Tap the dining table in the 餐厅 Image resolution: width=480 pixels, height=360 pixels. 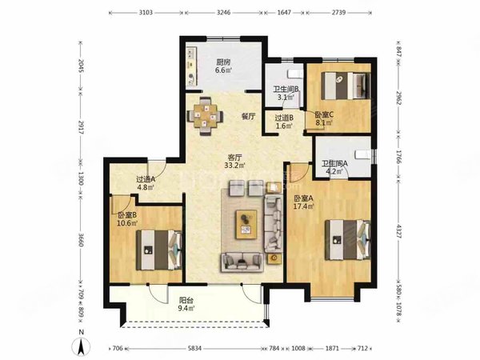(205, 116)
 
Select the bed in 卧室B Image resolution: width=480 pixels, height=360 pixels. (159, 250)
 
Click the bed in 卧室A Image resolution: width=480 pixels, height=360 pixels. (348, 240)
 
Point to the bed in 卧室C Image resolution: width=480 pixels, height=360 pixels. (346, 86)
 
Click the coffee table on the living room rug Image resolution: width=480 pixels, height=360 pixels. (246, 224)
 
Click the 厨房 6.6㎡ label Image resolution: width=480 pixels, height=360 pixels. (223, 66)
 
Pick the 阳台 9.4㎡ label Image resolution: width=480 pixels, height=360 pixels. (186, 304)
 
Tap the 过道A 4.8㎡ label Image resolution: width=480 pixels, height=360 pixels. (146, 183)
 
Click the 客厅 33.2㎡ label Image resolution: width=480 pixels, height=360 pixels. (234, 162)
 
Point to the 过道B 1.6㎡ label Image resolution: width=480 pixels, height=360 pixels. (284, 122)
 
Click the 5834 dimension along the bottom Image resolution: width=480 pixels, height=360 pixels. (194, 348)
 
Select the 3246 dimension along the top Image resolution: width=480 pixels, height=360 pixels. (223, 13)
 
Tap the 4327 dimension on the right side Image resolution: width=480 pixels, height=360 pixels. (398, 231)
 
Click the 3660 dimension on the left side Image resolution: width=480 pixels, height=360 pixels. (80, 240)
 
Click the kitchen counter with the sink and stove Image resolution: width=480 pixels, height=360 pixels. (192, 66)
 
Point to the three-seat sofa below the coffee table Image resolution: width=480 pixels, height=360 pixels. (242, 262)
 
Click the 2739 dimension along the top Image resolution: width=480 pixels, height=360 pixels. (338, 13)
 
